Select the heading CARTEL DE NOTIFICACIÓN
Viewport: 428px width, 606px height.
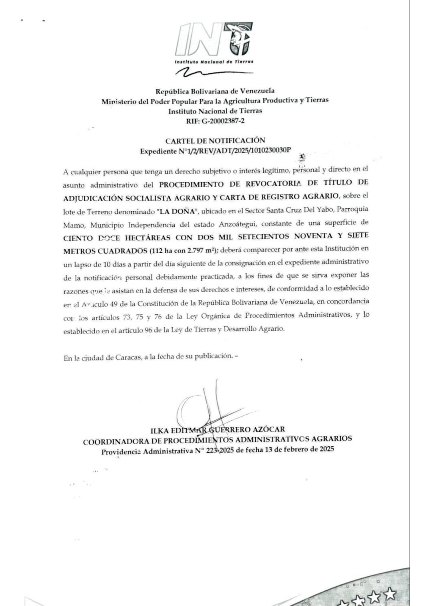[215, 140]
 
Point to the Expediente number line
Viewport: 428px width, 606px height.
[215, 151]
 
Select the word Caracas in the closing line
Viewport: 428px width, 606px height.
[128, 358]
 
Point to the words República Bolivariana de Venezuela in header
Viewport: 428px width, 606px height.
[215, 91]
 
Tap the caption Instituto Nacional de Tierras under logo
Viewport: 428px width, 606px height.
[214, 61]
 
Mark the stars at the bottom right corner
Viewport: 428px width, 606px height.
[368, 597]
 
